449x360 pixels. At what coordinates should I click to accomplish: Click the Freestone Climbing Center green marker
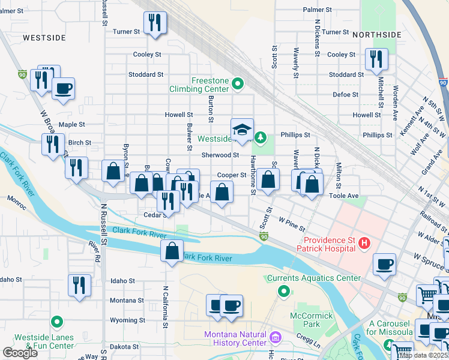(x=238, y=83)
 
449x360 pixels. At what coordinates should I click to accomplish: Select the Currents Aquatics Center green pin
(x=285, y=291)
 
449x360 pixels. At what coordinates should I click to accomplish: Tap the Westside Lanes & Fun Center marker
(x=56, y=322)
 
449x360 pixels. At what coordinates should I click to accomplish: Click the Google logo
(x=20, y=353)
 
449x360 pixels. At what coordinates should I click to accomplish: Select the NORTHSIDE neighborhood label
(x=376, y=35)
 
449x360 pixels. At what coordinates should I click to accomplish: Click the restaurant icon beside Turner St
(x=155, y=23)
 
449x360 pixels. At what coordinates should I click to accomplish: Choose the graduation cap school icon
(x=241, y=130)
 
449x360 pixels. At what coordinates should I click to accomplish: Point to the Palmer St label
(x=317, y=10)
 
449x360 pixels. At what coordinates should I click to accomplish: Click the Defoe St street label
(x=345, y=95)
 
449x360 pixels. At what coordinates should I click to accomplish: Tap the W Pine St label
(x=292, y=224)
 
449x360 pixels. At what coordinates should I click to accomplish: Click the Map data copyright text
(x=424, y=355)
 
